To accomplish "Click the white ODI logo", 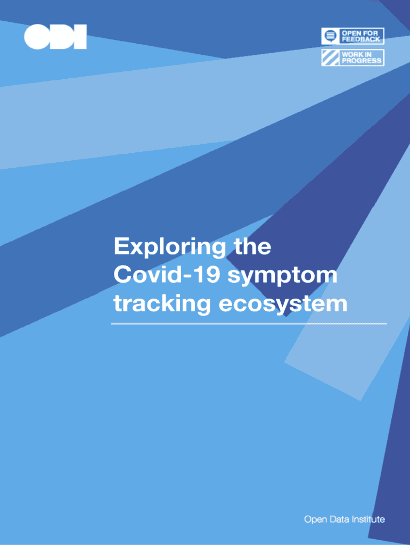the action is tap(55, 37).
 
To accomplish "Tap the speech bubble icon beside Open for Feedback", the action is tap(330, 36).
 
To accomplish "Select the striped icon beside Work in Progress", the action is tap(330, 57).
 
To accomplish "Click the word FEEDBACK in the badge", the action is tap(361, 39).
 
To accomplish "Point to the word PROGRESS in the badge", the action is tap(362, 61).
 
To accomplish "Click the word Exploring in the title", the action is tap(169, 247).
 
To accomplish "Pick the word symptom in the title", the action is tap(283, 277).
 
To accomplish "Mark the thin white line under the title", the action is tap(249, 324).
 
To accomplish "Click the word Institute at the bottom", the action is tap(368, 519).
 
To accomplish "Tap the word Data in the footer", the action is tap(339, 519).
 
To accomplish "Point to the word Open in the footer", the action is tap(315, 520).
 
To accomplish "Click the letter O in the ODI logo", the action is tap(37, 37).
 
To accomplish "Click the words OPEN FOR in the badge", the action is tap(359, 34).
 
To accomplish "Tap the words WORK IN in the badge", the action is tap(357, 55).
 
